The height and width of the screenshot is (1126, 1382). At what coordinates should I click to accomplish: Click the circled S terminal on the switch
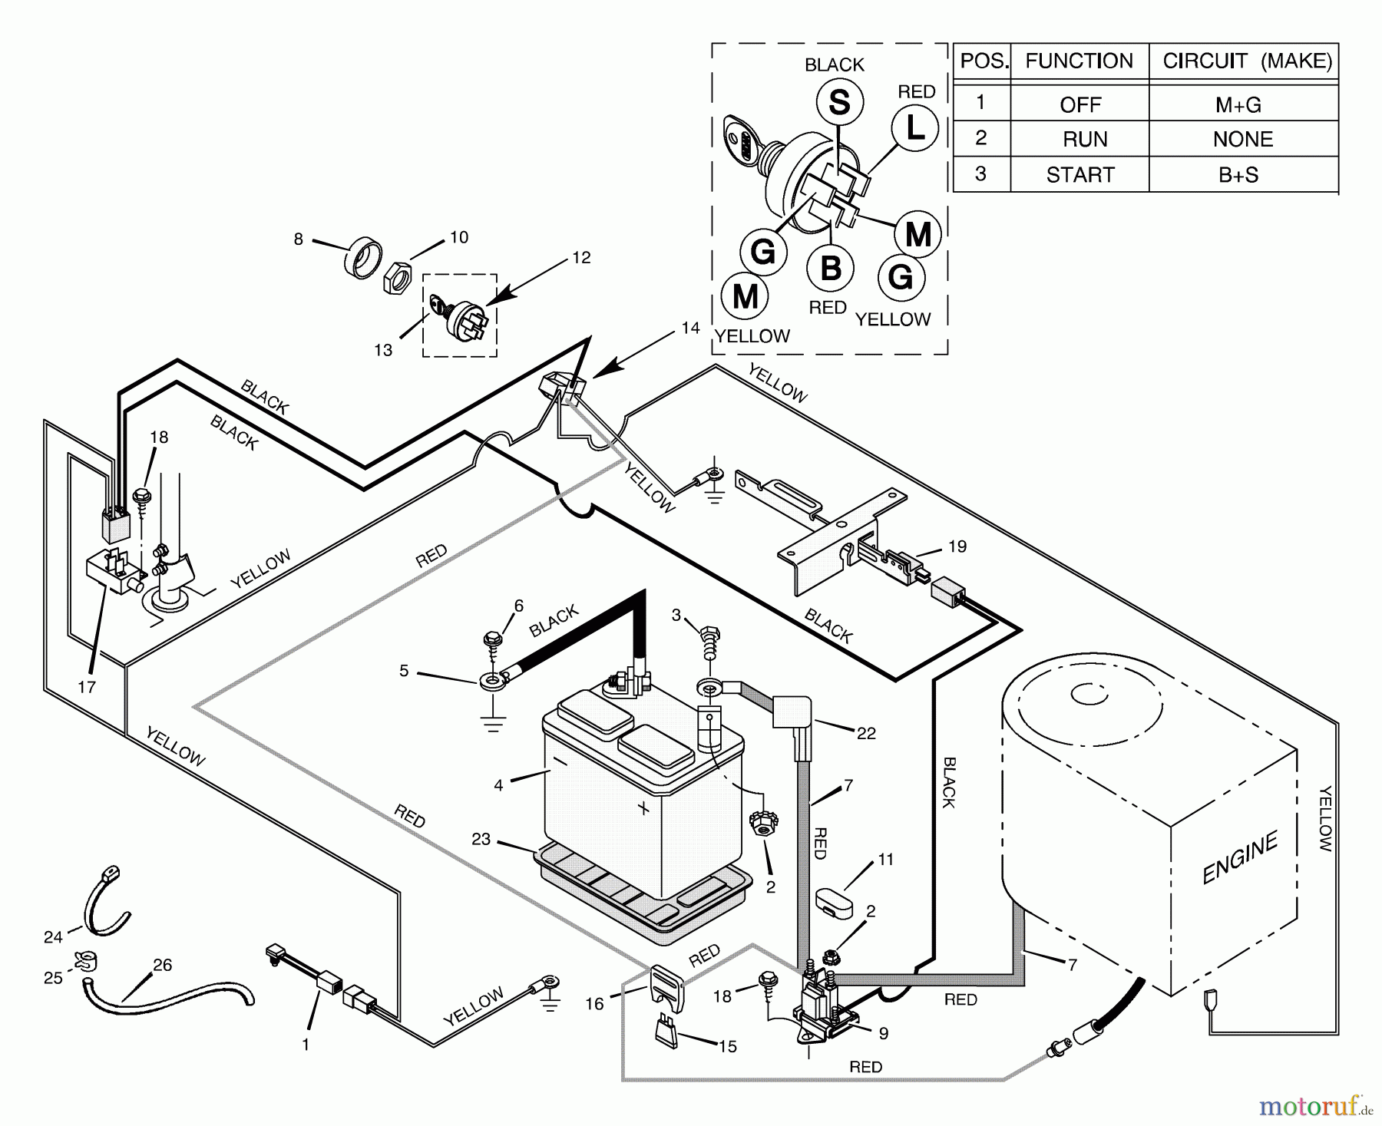[839, 103]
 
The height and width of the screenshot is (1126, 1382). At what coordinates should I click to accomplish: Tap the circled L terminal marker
[915, 128]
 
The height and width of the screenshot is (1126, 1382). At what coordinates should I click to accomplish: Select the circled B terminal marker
[831, 269]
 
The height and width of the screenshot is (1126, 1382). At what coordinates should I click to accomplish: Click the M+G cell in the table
[1238, 104]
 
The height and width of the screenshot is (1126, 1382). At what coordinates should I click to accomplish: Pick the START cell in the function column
[1079, 175]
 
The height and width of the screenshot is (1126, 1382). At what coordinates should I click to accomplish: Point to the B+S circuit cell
[1238, 175]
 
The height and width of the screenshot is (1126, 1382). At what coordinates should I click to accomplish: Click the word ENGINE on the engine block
[1240, 857]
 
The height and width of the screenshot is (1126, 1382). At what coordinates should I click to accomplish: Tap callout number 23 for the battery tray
[481, 840]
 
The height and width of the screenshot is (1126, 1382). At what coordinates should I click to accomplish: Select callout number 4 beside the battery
[498, 785]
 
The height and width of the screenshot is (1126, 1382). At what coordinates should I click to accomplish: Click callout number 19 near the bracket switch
[957, 546]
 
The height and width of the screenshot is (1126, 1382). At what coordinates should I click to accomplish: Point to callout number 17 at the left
[87, 687]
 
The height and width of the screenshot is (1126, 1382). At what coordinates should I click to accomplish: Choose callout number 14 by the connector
[690, 328]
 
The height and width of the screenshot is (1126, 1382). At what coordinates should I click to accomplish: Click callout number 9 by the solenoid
[884, 1034]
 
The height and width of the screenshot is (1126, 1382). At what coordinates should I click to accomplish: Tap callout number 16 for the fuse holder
[595, 1004]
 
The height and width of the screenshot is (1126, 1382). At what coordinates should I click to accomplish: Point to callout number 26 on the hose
[163, 965]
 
